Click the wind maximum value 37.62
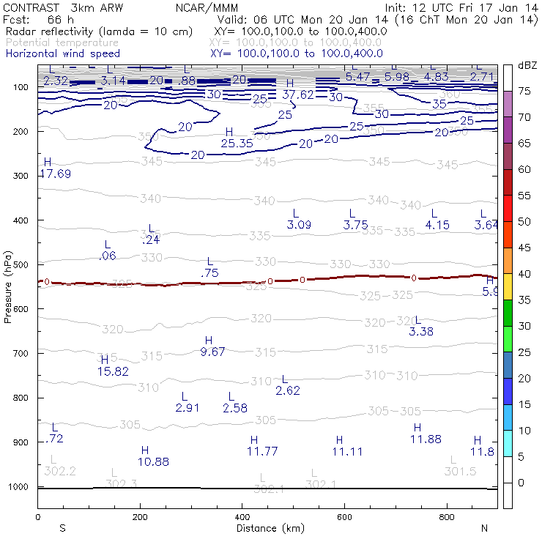[x=298, y=94]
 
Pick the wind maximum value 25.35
[x=237, y=143]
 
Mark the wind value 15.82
[x=113, y=371]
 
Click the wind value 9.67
[x=212, y=352]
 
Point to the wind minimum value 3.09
[x=300, y=225]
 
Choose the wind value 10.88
[x=153, y=461]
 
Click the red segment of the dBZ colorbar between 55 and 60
[x=507, y=182]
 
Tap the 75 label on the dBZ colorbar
[x=524, y=91]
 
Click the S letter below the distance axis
[x=63, y=528]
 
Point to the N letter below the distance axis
[x=483, y=528]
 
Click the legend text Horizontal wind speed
[x=62, y=53]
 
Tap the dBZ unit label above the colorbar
[x=527, y=65]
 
